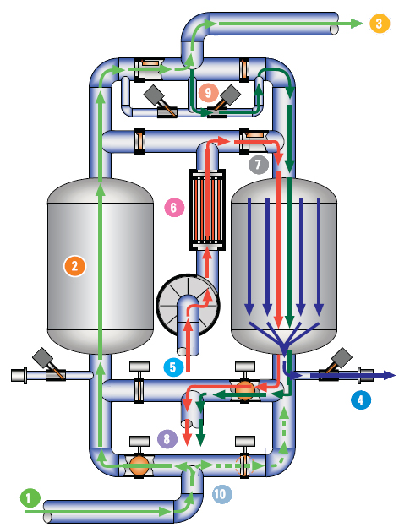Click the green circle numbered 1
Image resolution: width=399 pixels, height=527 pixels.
30,497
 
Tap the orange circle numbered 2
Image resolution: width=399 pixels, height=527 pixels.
74,266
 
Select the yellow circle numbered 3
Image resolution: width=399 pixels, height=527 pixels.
380,24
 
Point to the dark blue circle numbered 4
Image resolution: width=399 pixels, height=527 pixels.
361,400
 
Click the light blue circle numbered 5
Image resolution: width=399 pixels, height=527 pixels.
173,367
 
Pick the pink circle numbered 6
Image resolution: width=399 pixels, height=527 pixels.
174,207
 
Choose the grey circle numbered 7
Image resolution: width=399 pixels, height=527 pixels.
259,165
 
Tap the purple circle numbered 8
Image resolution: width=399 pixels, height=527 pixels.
167,438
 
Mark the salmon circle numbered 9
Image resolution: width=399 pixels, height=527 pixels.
208,93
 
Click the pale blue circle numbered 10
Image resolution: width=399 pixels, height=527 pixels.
221,494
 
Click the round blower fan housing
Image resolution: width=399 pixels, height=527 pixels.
188,305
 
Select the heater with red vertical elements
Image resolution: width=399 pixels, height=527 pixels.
208,209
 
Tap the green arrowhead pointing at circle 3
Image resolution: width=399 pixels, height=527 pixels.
357,24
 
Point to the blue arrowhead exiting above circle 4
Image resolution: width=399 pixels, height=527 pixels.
390,375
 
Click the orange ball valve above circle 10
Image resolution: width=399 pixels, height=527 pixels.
139,465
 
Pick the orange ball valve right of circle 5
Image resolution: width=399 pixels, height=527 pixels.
244,390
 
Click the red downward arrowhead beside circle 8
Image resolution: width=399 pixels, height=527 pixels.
187,440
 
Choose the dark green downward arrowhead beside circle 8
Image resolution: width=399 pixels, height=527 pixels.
200,440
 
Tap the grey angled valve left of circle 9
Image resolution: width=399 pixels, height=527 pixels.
161,101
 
